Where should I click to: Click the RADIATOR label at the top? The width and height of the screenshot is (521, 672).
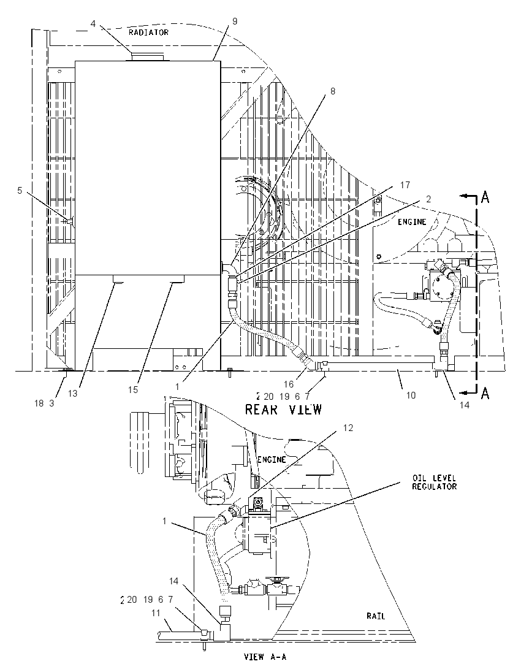(x=149, y=32)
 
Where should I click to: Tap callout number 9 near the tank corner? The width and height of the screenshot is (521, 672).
(x=234, y=21)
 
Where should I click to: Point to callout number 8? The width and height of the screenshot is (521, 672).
(x=333, y=91)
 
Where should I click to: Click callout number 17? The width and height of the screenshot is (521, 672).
(x=405, y=185)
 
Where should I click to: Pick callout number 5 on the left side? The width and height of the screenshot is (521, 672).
(x=19, y=190)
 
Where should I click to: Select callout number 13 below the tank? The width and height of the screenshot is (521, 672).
(x=72, y=393)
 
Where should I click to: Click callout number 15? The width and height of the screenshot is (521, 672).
(x=133, y=389)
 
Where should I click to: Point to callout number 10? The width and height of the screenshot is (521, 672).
(x=411, y=395)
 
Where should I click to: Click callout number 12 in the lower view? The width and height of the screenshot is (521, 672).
(x=348, y=428)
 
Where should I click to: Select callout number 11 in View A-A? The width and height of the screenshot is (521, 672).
(x=156, y=613)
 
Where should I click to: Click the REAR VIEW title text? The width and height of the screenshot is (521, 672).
(x=283, y=410)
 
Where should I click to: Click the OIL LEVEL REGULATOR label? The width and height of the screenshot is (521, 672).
(x=435, y=482)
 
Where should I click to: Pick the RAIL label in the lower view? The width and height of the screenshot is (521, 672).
(x=375, y=616)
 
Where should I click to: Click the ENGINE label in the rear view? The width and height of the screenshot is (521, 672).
(x=412, y=221)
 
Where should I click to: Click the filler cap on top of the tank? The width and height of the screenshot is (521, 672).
(x=147, y=57)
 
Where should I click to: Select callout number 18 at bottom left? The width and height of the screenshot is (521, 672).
(x=39, y=403)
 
